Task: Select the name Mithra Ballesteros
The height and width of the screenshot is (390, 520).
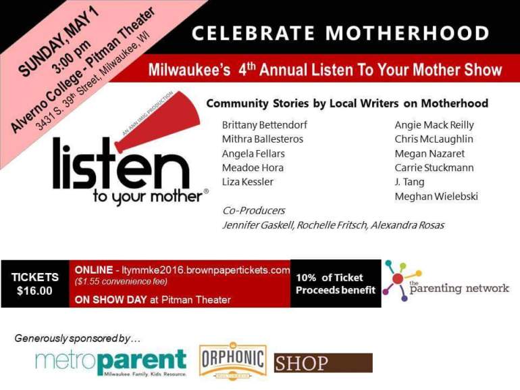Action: click(x=263, y=139)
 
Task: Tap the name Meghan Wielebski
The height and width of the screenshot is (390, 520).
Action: click(x=436, y=197)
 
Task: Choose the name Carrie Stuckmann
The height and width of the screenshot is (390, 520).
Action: click(x=434, y=168)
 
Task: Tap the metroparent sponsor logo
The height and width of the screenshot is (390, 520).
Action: click(x=111, y=362)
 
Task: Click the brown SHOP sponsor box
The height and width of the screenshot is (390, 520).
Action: click(x=323, y=363)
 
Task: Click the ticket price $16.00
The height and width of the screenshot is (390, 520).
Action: click(x=35, y=291)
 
